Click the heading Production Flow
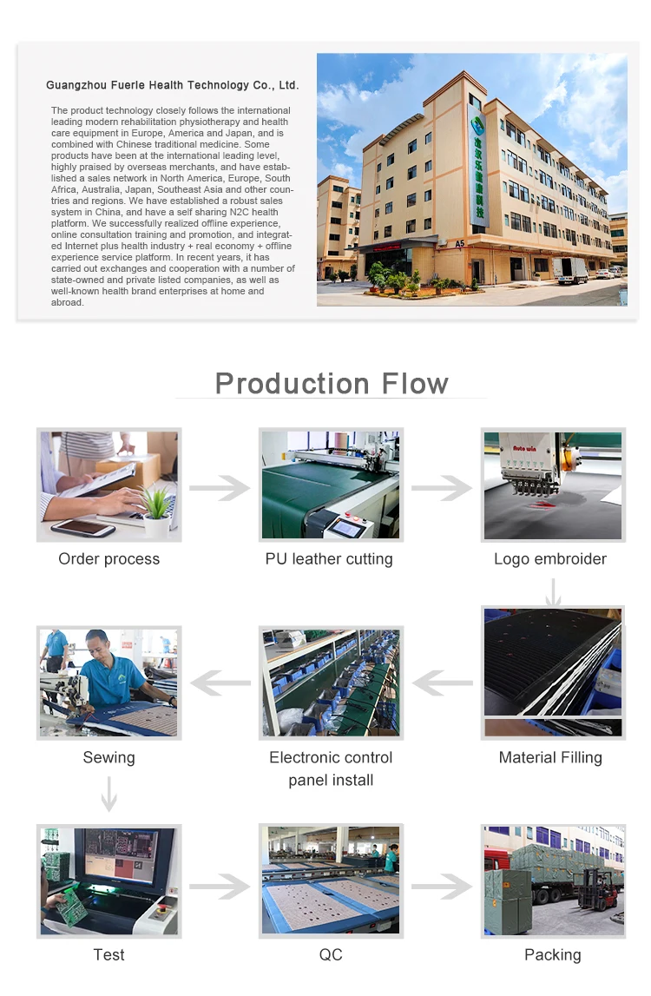(x=332, y=383)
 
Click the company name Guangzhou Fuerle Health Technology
(x=172, y=85)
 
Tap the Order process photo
(x=108, y=485)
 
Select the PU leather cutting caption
(x=329, y=559)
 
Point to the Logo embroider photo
(x=553, y=485)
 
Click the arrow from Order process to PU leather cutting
(x=220, y=488)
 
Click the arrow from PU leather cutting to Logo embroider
(x=441, y=488)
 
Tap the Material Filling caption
(x=550, y=758)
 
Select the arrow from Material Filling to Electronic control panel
(x=442, y=683)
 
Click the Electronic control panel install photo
(x=330, y=683)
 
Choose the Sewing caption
(x=109, y=758)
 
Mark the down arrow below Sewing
(x=109, y=794)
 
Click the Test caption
(x=109, y=955)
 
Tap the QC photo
(x=330, y=881)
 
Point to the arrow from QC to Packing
(x=441, y=887)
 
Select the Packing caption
(x=553, y=955)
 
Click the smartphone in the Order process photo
(x=82, y=526)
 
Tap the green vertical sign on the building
(x=477, y=165)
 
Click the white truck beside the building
(x=570, y=270)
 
